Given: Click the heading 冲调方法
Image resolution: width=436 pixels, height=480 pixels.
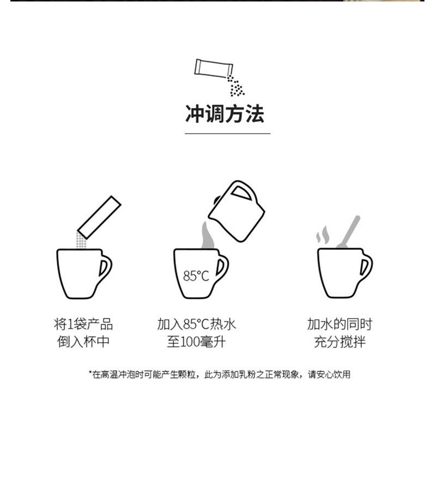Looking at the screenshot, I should [x=225, y=115].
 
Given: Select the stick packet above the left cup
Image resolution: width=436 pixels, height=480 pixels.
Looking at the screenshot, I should [x=100, y=216].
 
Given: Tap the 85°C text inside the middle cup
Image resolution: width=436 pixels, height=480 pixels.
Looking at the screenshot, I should [x=196, y=276].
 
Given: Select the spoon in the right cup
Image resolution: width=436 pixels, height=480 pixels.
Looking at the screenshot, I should [x=349, y=232].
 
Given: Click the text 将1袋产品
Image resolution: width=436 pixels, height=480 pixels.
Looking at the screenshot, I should [x=83, y=324].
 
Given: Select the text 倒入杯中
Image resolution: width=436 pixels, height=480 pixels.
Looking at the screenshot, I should [x=83, y=343].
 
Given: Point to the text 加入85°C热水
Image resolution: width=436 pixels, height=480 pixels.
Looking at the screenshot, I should [x=196, y=324].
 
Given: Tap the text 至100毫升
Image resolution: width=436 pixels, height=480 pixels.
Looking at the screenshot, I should [x=196, y=343].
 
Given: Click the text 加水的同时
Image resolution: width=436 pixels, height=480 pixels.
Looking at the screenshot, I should [x=340, y=324].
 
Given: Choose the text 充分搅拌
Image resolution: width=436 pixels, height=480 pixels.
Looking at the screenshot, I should [x=340, y=343].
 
